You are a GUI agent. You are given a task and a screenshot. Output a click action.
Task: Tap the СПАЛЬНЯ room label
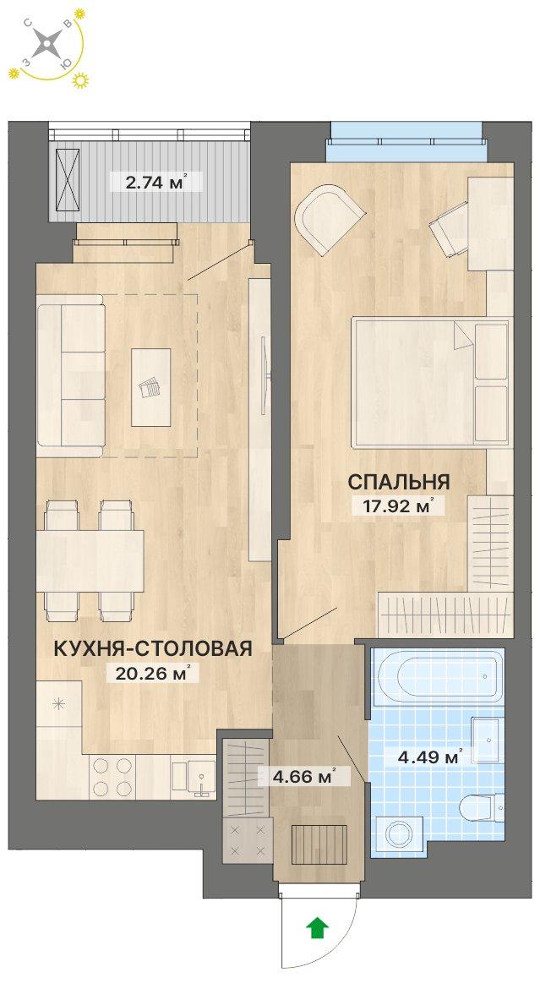point(399,482)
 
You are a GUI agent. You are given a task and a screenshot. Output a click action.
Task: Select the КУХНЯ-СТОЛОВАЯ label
point(153,648)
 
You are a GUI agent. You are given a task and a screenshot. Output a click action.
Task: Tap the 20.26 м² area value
point(153,673)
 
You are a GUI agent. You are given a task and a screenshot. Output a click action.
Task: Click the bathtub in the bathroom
point(438,678)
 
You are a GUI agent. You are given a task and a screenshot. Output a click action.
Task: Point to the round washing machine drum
point(401,835)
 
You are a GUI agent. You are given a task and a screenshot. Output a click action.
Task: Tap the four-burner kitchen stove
point(112,776)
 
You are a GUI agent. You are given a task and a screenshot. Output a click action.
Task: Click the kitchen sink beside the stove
point(194,777)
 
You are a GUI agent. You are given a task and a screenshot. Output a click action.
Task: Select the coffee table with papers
point(151,387)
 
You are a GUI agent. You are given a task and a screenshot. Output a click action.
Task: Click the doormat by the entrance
point(319,844)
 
